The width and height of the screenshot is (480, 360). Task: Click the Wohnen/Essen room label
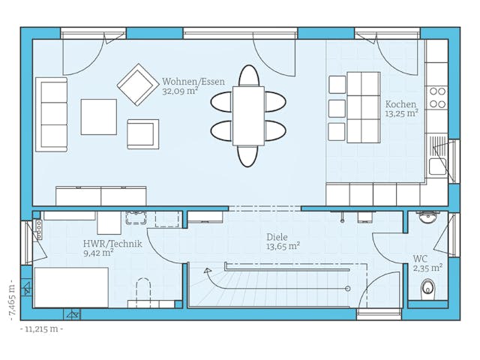pos(193,82)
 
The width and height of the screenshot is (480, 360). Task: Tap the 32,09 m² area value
pos(181,91)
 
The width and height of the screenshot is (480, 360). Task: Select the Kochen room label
pos(400,104)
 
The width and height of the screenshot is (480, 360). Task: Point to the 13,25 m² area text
pos(401,114)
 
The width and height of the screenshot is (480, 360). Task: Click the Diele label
pos(277,235)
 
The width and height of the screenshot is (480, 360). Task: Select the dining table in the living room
pos(248,115)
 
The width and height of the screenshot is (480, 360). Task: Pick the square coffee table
pos(99,117)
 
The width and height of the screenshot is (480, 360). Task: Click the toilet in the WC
pos(428,287)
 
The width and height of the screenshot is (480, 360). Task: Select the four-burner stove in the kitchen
pos(436,97)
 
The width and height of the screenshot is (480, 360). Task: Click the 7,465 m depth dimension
pos(11,297)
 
